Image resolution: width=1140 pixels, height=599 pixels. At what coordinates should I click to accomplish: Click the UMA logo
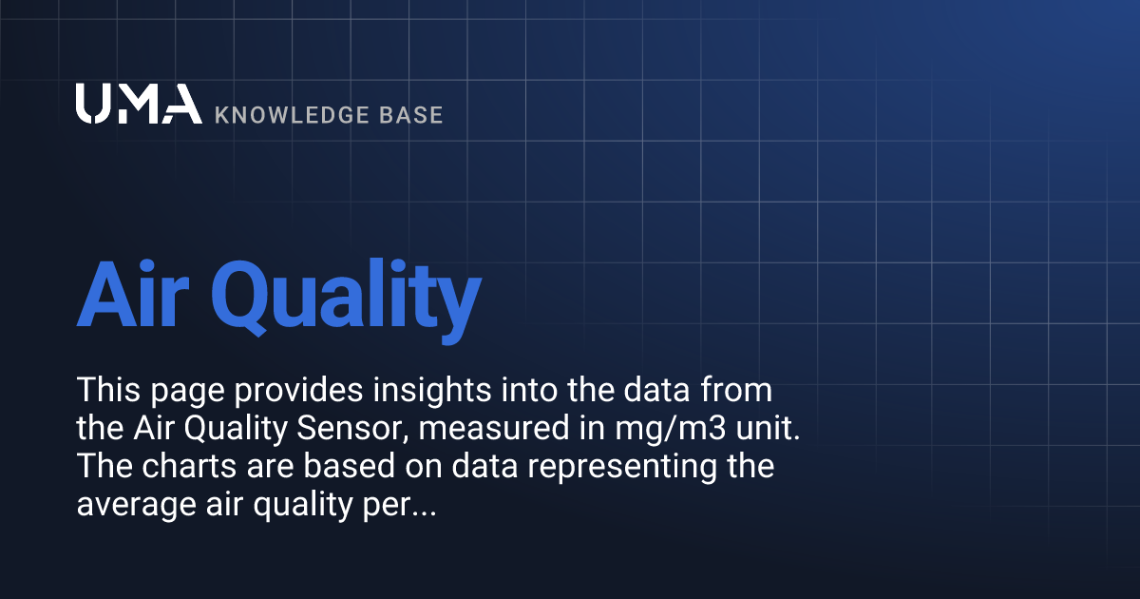(139, 105)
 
